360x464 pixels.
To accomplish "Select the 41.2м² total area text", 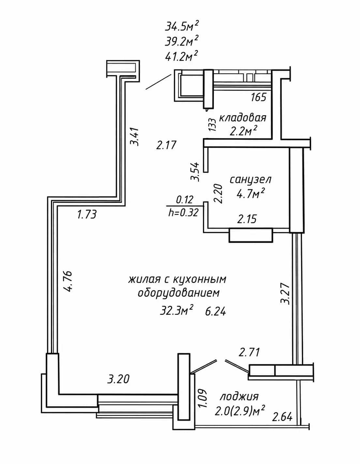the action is pyautogui.click(x=181, y=56).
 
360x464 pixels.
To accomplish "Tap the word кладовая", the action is pyautogui.click(x=243, y=118).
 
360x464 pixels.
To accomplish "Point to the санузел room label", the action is pyautogui.click(x=250, y=180).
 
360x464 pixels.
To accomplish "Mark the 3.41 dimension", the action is pyautogui.click(x=135, y=137).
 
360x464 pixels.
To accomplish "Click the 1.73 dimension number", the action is pyautogui.click(x=87, y=214).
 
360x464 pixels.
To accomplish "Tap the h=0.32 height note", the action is pyautogui.click(x=184, y=213).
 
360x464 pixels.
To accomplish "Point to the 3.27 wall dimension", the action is pyautogui.click(x=285, y=294).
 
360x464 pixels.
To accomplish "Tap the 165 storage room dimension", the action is pyautogui.click(x=259, y=97).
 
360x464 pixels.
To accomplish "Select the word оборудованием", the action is pyautogui.click(x=179, y=293).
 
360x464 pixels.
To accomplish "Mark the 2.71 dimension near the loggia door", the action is pyautogui.click(x=249, y=353).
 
